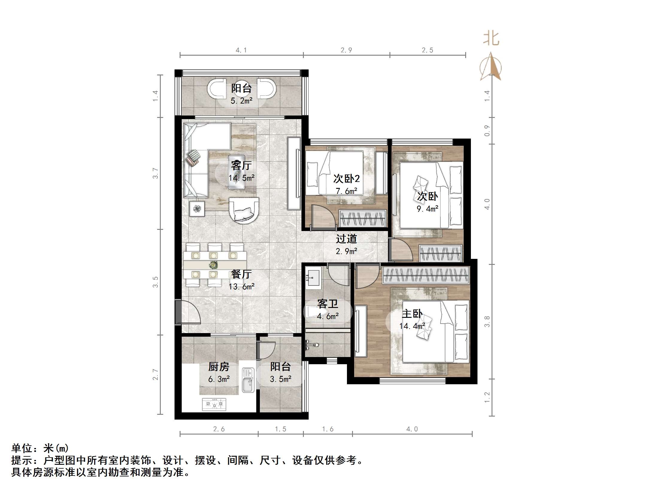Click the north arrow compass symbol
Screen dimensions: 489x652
click(x=491, y=67)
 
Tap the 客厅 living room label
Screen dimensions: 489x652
click(x=241, y=165)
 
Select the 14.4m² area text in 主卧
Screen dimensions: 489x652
click(x=412, y=326)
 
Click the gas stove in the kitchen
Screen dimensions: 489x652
click(x=214, y=404)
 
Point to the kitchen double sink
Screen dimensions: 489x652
click(x=248, y=380)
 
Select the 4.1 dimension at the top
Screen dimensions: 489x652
click(x=241, y=50)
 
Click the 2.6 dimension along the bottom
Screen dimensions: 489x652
click(x=219, y=429)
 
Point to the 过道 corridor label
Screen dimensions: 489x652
click(x=346, y=239)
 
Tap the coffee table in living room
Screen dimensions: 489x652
click(x=236, y=172)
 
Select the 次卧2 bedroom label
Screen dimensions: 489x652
click(x=346, y=179)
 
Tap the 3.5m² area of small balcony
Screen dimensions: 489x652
click(x=280, y=379)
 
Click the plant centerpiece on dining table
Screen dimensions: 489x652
click(x=213, y=265)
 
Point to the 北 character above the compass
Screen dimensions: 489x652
click(x=491, y=39)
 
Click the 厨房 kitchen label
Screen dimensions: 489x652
click(x=219, y=367)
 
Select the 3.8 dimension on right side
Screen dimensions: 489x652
click(x=487, y=321)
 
